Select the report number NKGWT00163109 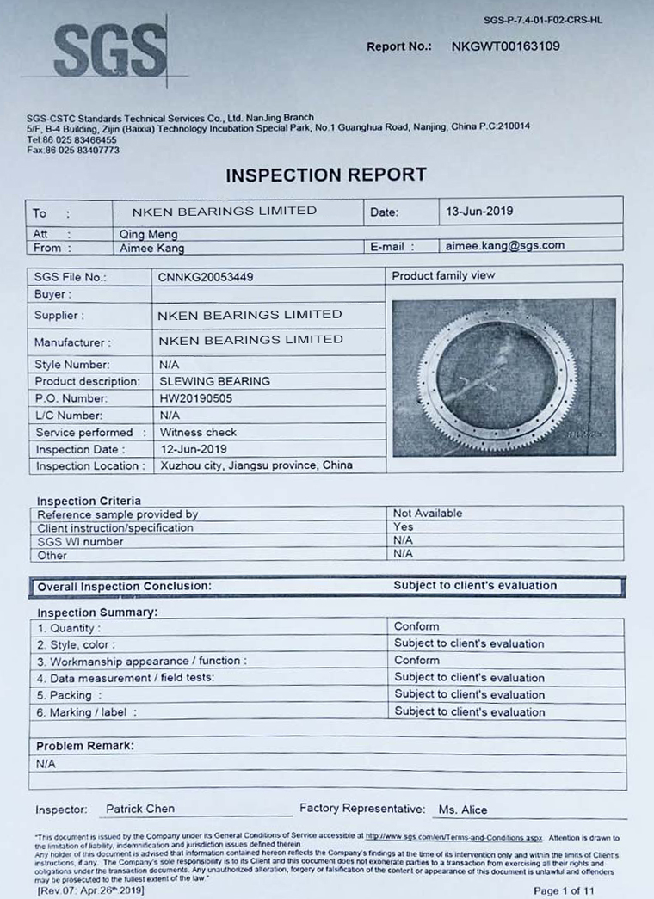505,46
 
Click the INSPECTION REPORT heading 326,175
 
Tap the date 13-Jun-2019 480,211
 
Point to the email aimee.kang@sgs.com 505,245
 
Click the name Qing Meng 147,233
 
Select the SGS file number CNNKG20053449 206,277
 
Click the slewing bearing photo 503,377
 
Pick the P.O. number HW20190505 195,398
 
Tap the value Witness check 198,432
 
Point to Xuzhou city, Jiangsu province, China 256,465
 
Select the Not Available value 428,514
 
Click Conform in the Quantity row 416,626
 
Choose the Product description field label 87,381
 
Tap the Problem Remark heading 85,746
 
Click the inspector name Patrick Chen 139,809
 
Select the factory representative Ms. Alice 462,810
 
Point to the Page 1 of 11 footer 563,890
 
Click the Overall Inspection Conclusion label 124,586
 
